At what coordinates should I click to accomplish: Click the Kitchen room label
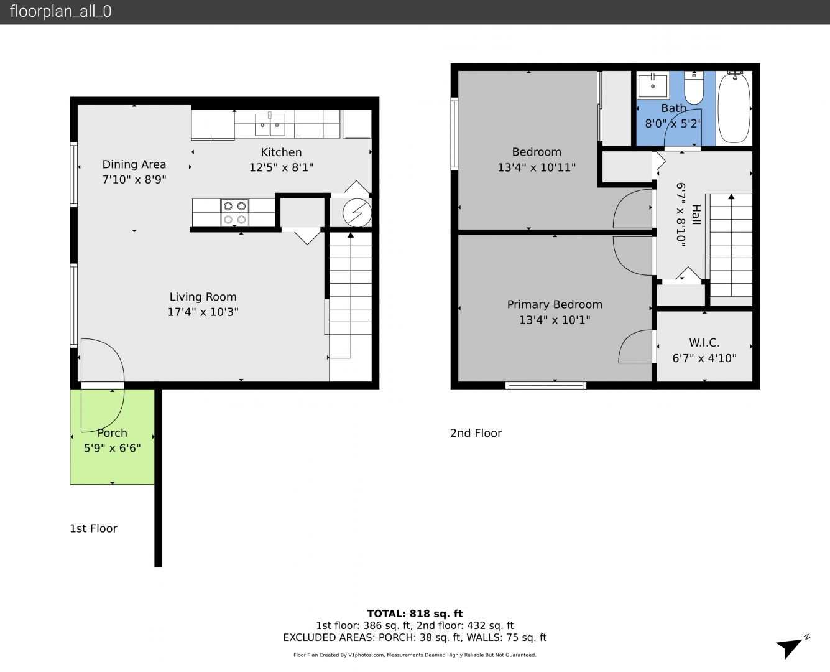click(x=281, y=152)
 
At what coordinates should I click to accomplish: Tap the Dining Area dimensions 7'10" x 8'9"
click(x=134, y=179)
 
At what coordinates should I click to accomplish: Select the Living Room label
click(x=203, y=297)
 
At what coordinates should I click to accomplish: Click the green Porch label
click(x=113, y=433)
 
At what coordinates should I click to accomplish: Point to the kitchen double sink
click(x=269, y=124)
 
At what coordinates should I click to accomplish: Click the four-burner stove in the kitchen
click(x=234, y=212)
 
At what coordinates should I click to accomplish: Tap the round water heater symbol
click(x=357, y=213)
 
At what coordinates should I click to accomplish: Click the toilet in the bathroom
click(x=694, y=87)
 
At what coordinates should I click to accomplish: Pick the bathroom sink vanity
click(x=653, y=85)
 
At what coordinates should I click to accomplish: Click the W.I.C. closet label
click(x=704, y=343)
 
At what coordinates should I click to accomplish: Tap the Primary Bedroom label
click(x=555, y=305)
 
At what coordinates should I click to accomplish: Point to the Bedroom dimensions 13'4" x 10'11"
click(x=537, y=167)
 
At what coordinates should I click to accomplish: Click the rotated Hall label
click(x=696, y=215)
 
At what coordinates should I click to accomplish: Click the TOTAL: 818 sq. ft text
click(x=415, y=614)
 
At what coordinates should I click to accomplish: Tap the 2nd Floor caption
click(x=476, y=433)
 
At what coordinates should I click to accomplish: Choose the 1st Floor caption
click(x=93, y=528)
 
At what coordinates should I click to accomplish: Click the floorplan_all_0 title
click(x=60, y=11)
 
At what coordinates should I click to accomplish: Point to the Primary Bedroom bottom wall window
click(x=545, y=386)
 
